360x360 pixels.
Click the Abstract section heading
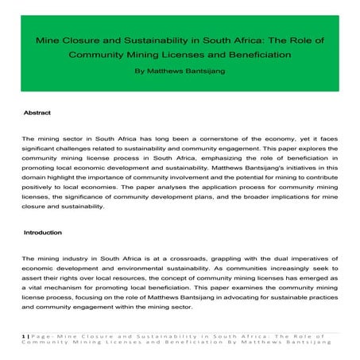point(38,113)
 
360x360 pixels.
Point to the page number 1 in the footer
point(25,336)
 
